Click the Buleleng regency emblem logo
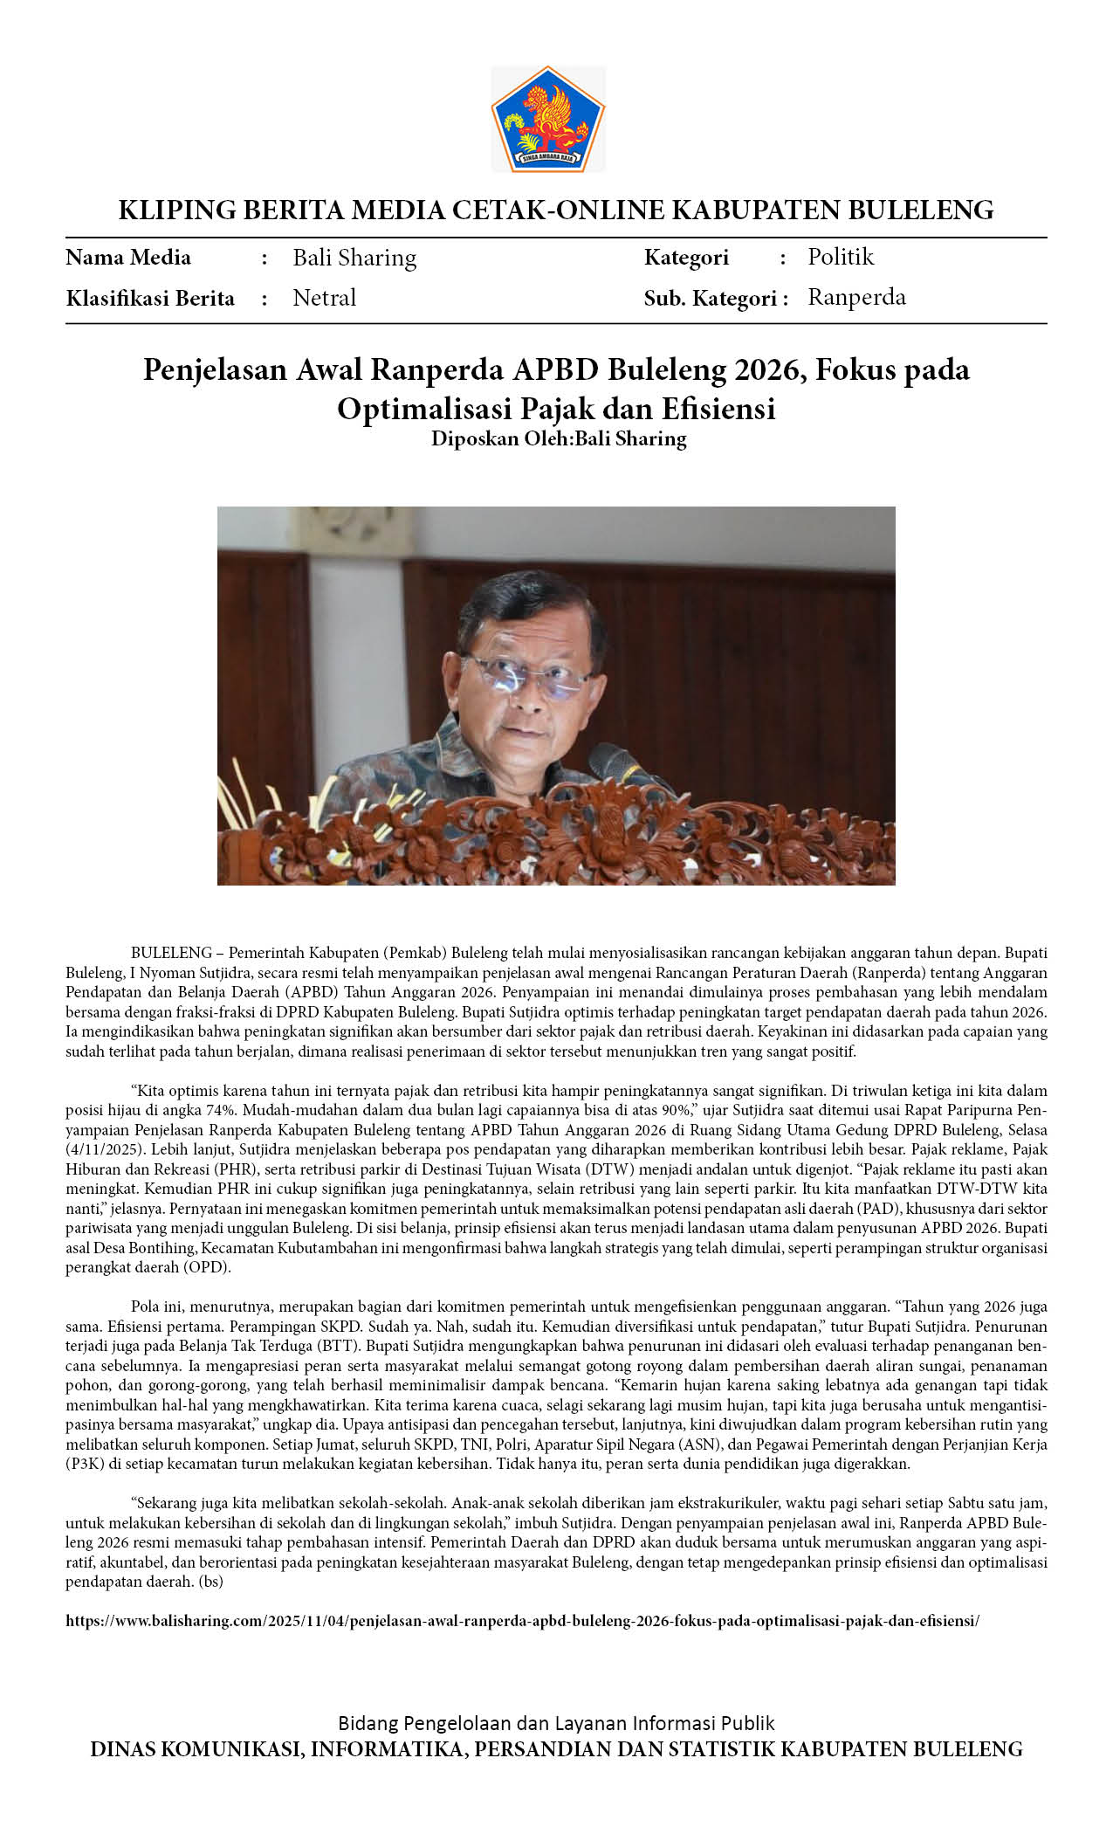point(548,118)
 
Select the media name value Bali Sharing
point(354,258)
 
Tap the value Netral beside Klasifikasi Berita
point(324,298)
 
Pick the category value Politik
point(840,257)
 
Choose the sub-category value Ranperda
point(856,297)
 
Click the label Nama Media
point(128,258)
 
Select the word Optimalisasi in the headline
point(423,409)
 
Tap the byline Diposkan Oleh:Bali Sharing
point(559,438)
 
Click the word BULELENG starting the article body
point(171,953)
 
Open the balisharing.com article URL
point(522,1621)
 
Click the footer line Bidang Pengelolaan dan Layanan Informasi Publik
point(556,1723)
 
